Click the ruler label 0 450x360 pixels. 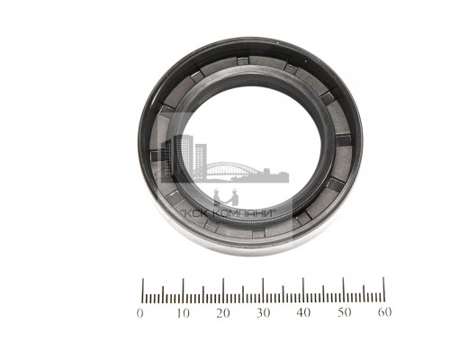coord(139,313)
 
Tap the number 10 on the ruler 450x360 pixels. coord(183,313)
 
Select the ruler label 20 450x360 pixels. coord(223,313)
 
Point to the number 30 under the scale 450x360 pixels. coord(263,313)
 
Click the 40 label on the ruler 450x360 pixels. coord(303,313)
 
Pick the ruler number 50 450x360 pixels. coord(344,312)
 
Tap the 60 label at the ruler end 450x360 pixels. coord(384,312)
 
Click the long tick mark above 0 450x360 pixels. coord(143,291)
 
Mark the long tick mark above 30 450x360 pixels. coord(263,290)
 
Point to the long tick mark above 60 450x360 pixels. coord(383,289)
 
